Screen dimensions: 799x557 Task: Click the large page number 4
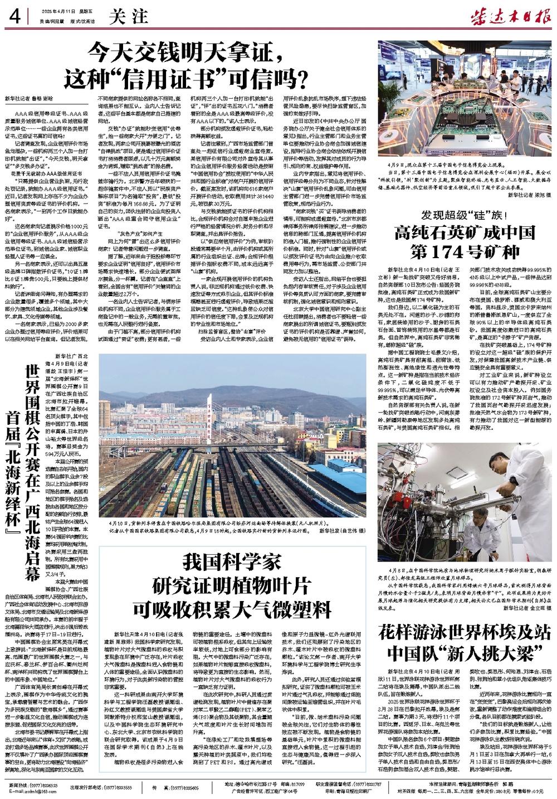tap(14, 16)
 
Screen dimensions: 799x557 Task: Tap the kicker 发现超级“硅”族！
tap(464, 215)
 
